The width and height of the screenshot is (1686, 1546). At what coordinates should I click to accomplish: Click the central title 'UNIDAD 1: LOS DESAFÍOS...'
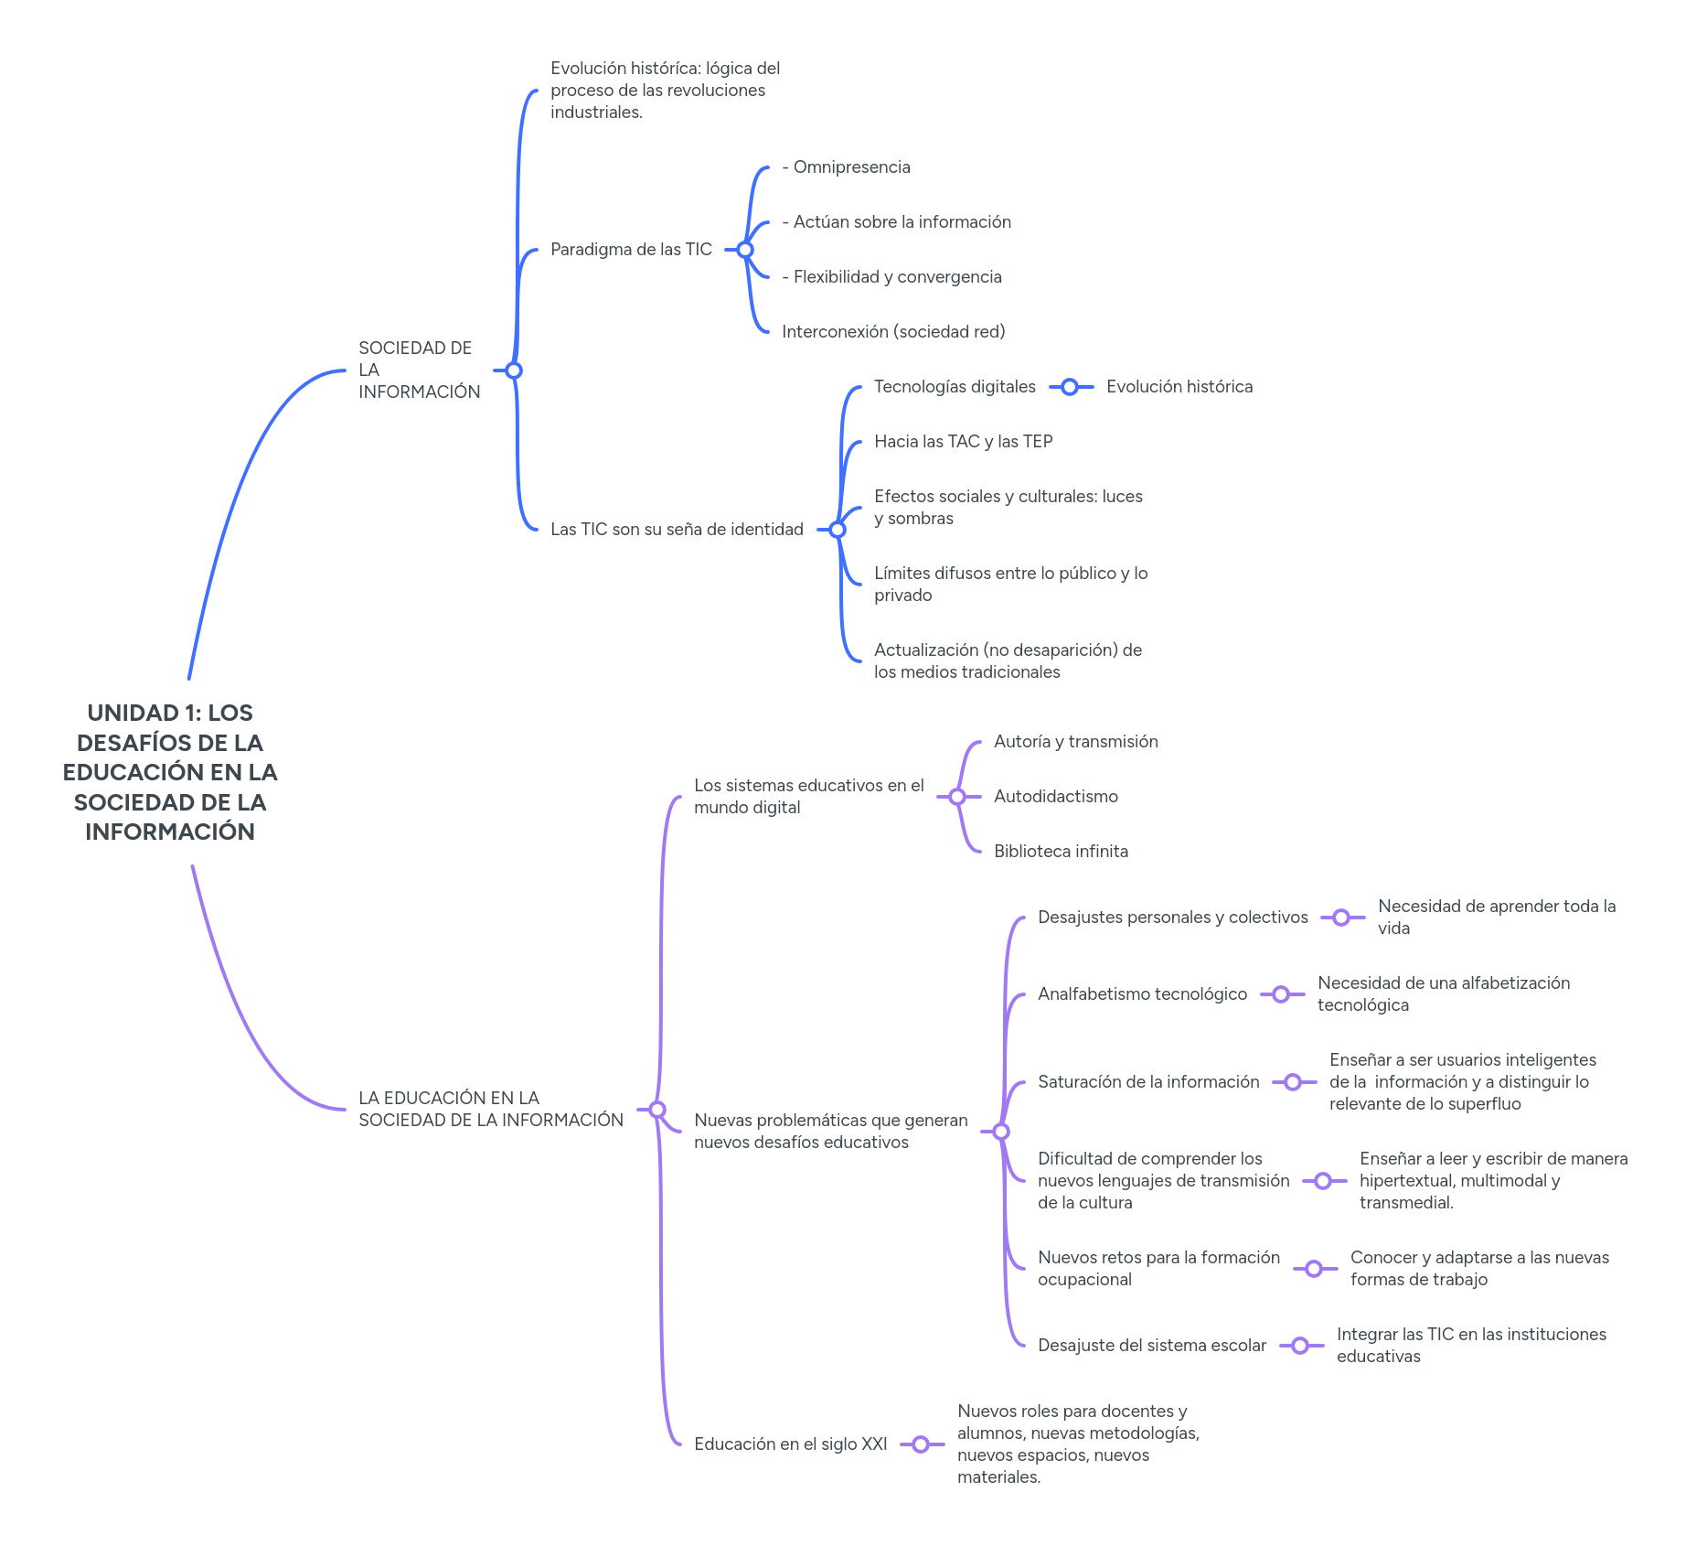click(x=170, y=772)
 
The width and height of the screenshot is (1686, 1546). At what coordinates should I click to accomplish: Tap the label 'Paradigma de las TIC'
click(x=631, y=250)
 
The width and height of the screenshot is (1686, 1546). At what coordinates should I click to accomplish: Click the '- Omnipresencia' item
click(x=847, y=167)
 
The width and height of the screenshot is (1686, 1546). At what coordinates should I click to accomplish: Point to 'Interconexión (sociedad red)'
click(x=893, y=332)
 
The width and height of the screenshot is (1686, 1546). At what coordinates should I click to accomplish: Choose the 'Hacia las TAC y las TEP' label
click(x=963, y=442)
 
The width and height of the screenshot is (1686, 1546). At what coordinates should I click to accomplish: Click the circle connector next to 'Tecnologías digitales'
click(x=1070, y=387)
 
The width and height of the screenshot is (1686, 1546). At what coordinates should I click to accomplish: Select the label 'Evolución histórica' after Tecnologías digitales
click(x=1179, y=387)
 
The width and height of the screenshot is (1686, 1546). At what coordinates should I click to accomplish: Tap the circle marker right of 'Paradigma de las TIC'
click(x=745, y=250)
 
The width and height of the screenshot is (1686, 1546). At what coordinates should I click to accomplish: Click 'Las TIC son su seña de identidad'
click(x=677, y=530)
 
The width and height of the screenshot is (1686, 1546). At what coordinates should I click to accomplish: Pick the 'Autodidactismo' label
click(x=1056, y=797)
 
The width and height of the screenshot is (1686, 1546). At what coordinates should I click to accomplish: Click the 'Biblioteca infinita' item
click(x=1061, y=852)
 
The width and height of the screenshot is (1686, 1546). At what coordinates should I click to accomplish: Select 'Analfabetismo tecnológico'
click(x=1142, y=994)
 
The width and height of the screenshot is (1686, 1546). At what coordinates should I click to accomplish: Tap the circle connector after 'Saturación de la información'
click(x=1293, y=1082)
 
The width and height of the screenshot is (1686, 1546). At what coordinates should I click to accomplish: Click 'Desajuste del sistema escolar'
click(x=1152, y=1346)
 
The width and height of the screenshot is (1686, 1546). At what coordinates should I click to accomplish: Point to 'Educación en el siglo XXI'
click(x=791, y=1444)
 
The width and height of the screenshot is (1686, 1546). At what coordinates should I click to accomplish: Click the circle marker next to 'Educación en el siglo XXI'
click(x=921, y=1444)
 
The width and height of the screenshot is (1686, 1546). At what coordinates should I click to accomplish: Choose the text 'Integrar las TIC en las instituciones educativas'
click(x=1471, y=1346)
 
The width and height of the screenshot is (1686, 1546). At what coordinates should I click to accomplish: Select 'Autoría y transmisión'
click(x=1076, y=742)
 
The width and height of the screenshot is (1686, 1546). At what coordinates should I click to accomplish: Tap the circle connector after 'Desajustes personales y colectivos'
click(x=1341, y=918)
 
